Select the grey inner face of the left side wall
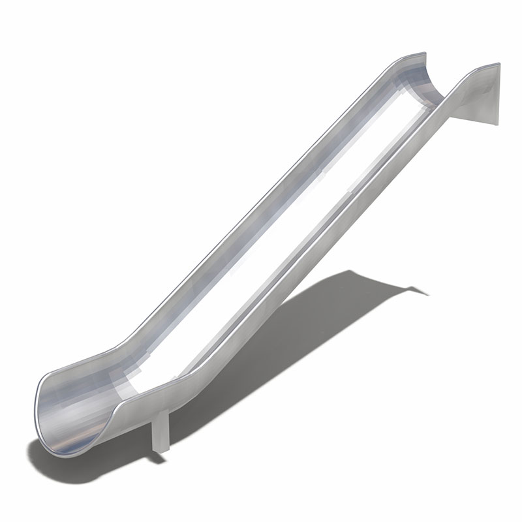tap(261, 209)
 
